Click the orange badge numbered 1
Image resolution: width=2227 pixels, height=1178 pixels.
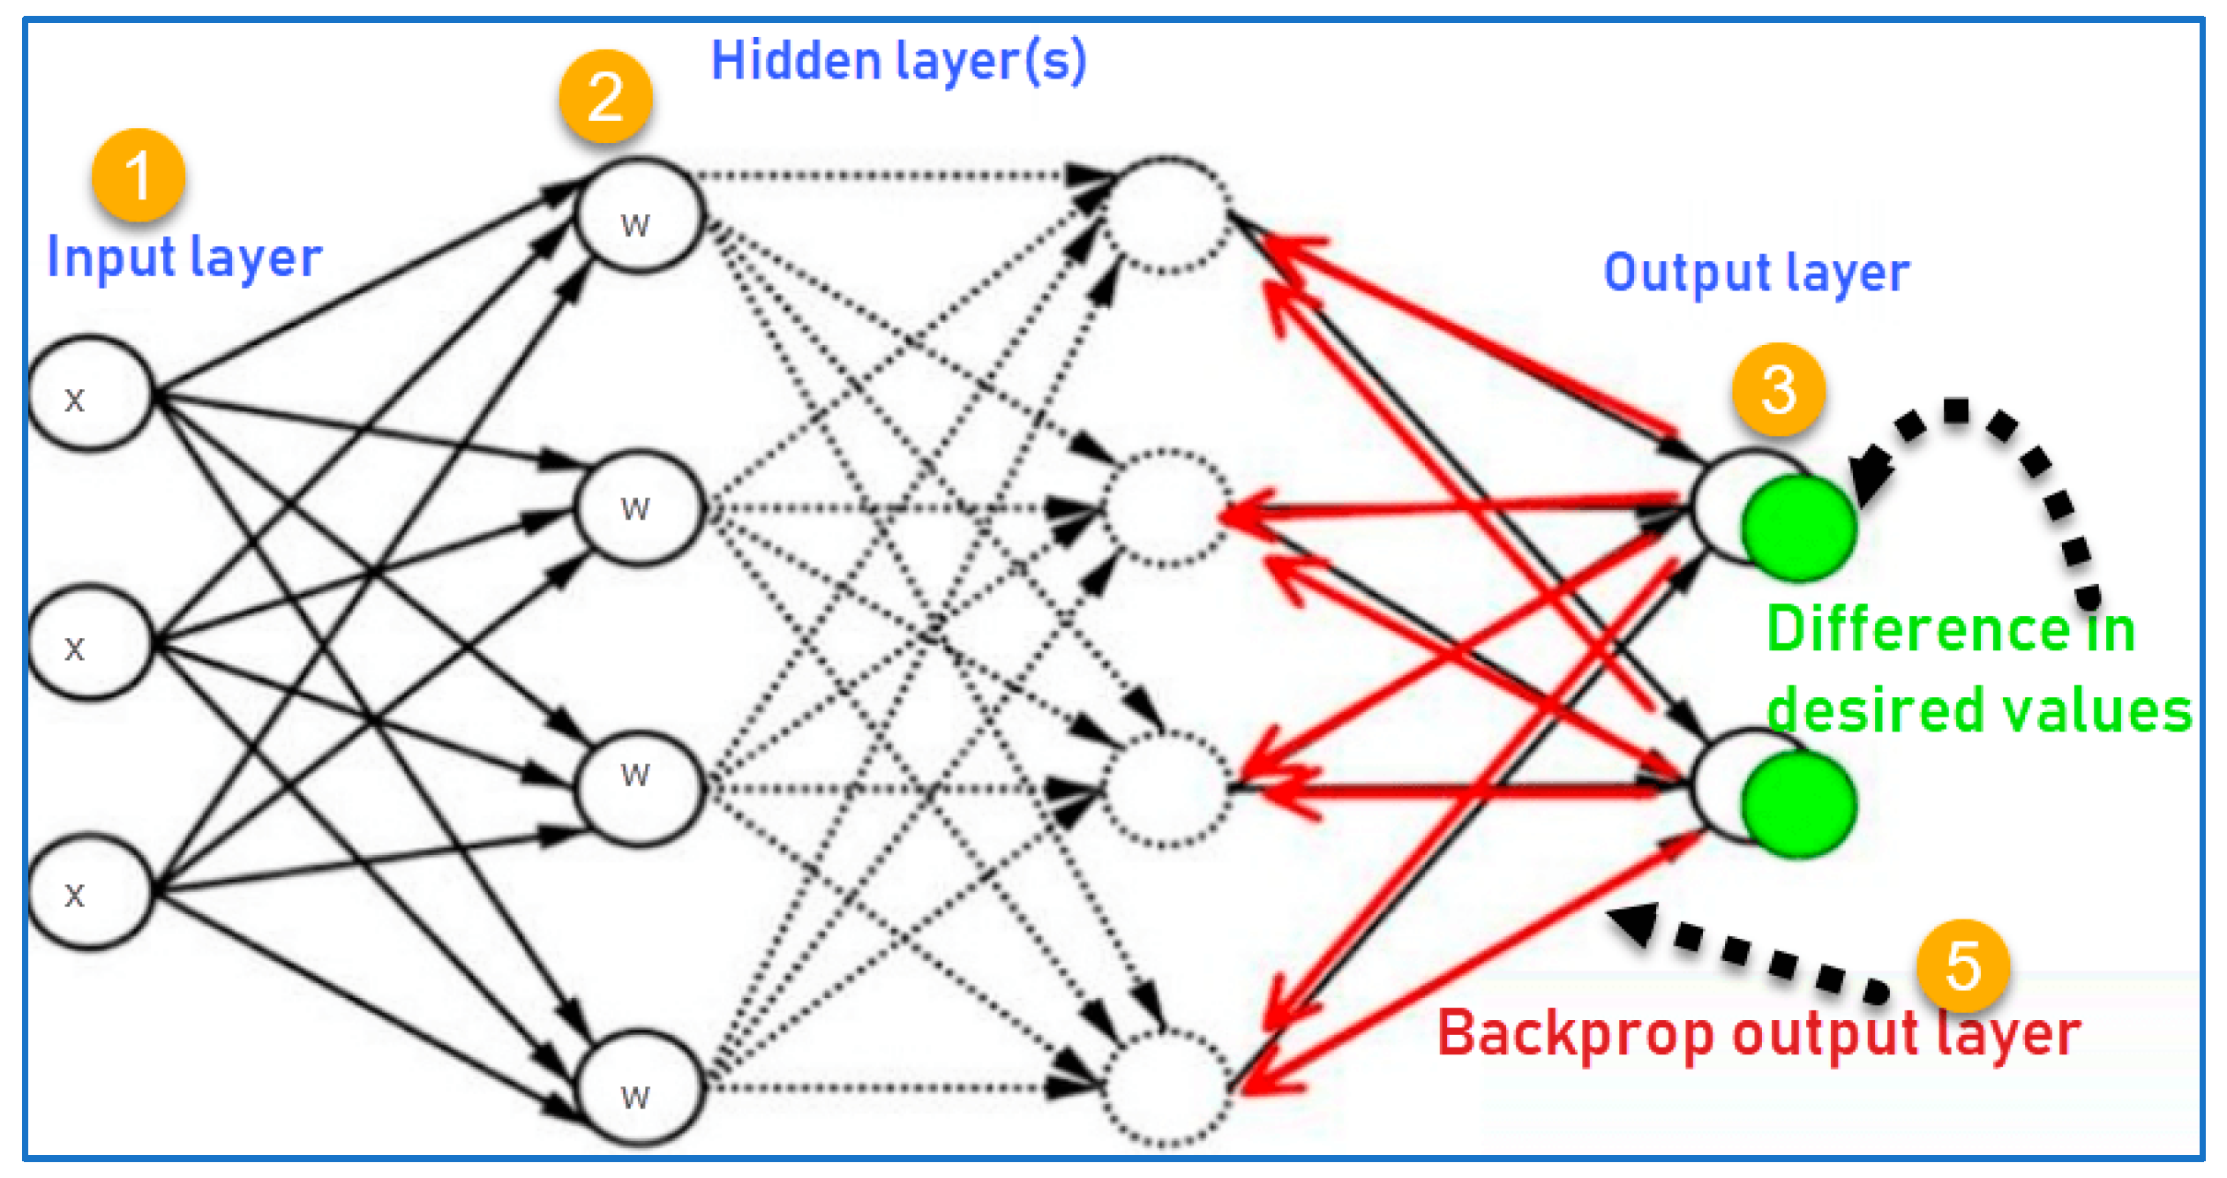pos(139,175)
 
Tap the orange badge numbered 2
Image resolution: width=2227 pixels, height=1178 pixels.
pos(605,96)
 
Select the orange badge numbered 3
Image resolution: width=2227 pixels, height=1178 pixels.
pos(1778,389)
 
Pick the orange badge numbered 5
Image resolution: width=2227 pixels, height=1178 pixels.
pos(1962,965)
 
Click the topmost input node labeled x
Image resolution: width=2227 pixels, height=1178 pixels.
pos(90,393)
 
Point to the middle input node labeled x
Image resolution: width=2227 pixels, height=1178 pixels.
pos(90,642)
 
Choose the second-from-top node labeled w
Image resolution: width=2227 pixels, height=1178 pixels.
pos(640,507)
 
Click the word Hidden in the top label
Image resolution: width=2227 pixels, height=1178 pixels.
pos(796,61)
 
